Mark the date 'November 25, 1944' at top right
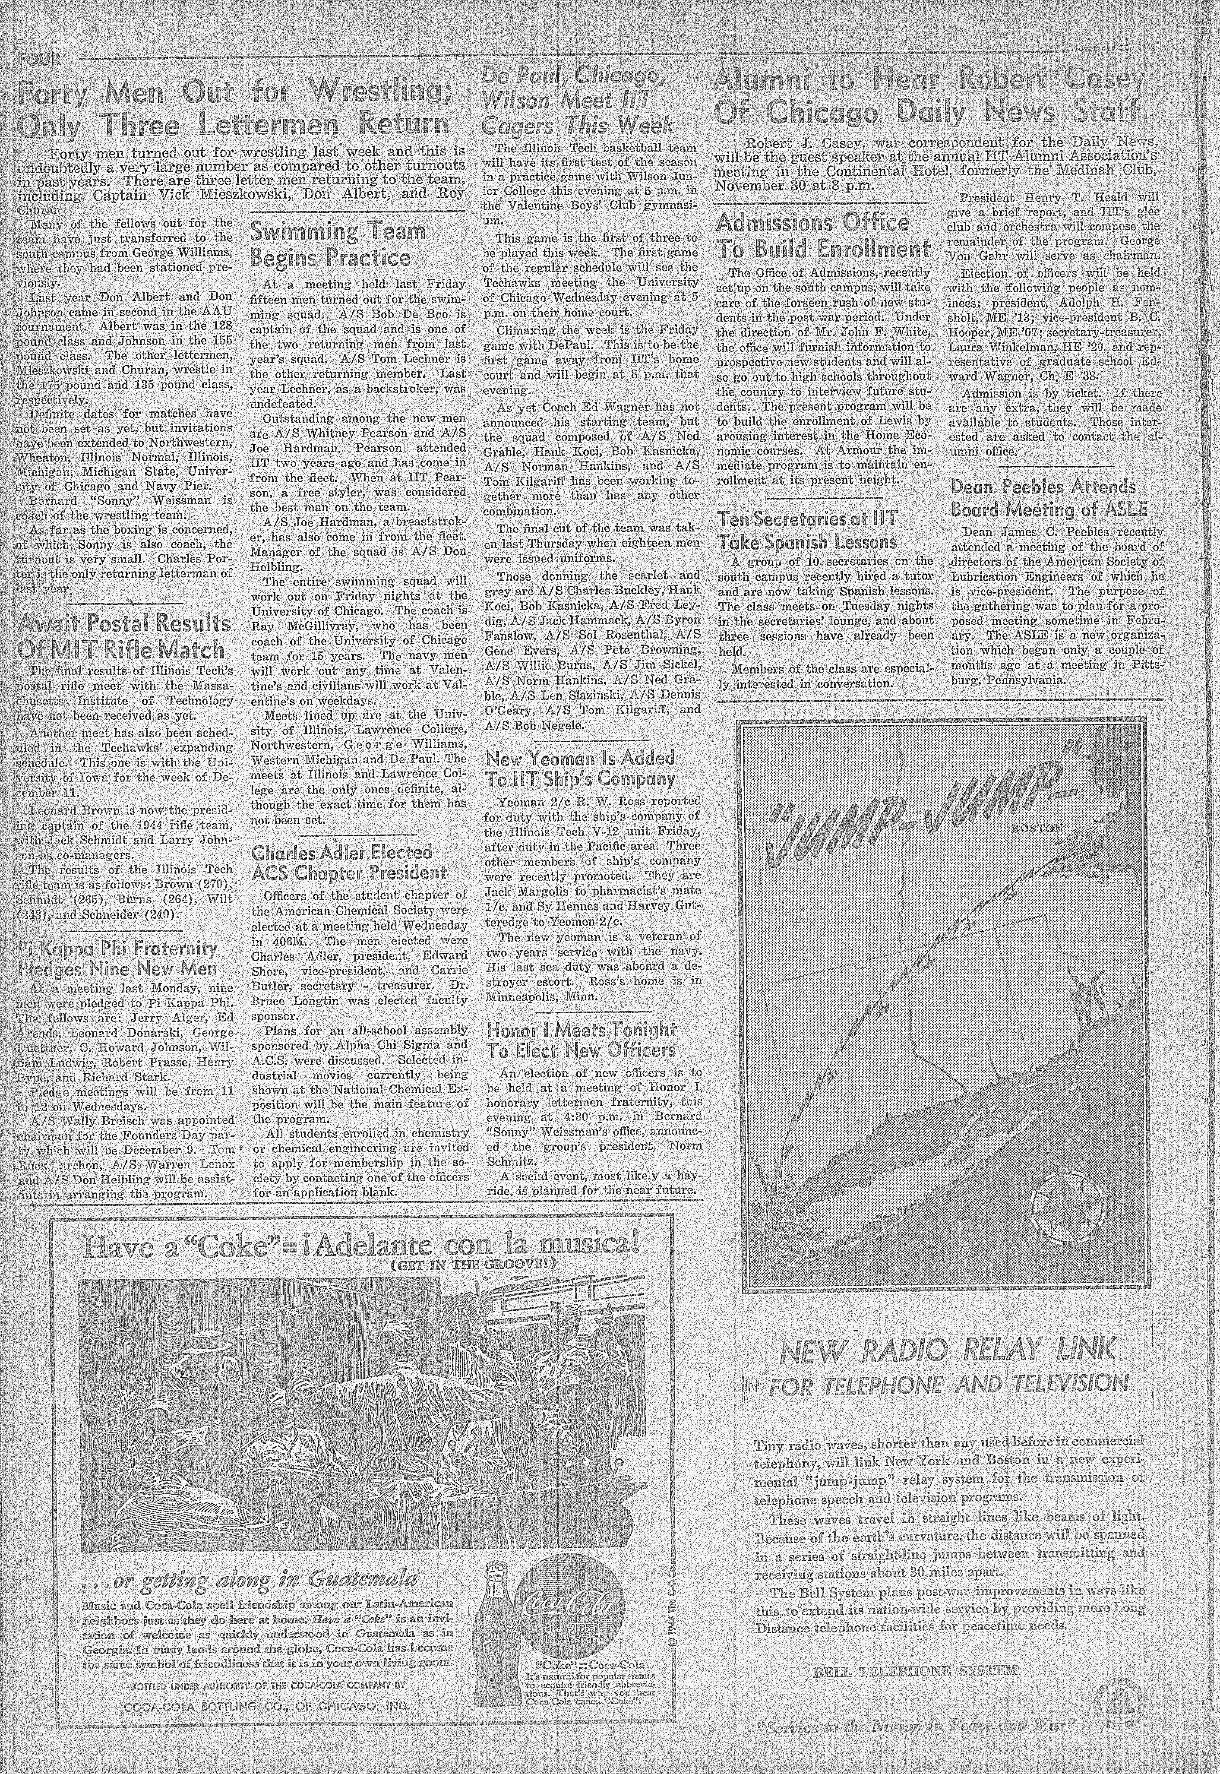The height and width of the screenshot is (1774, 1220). (1112, 46)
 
